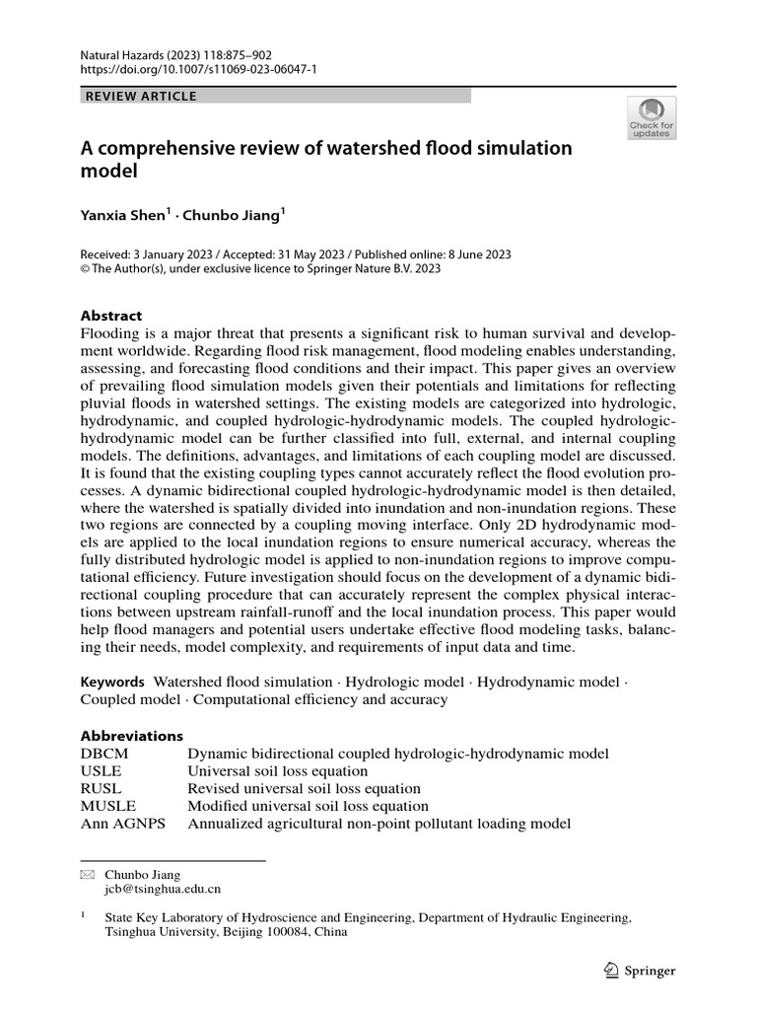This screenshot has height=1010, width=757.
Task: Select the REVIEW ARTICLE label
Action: (142, 96)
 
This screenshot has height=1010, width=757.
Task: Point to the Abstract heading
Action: (111, 316)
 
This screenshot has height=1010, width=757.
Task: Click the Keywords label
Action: (112, 682)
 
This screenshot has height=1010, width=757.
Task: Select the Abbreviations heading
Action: (131, 736)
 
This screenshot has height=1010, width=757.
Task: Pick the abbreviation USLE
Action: (102, 771)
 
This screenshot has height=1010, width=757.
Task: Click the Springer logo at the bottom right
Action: (639, 971)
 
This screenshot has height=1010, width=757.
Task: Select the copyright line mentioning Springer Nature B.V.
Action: (260, 268)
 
